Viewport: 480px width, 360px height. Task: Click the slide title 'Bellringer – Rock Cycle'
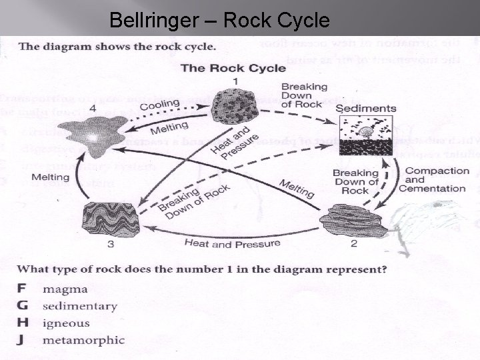point(219,21)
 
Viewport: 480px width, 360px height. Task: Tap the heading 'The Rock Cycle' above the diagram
point(233,68)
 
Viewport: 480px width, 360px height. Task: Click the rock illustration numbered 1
point(235,107)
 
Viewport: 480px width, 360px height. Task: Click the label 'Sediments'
point(365,108)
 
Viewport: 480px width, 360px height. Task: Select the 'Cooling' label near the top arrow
point(159,105)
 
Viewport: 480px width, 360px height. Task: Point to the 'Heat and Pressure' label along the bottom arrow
point(231,244)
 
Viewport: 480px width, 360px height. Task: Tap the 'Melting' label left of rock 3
point(50,177)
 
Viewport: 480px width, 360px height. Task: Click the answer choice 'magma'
point(65,289)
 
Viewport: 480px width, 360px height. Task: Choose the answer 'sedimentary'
point(79,306)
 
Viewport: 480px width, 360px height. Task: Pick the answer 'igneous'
point(66,323)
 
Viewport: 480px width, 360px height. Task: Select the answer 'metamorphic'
point(83,340)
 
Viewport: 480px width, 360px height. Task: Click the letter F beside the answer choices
point(21,289)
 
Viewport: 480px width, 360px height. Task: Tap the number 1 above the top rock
point(235,81)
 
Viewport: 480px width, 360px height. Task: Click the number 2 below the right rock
point(353,243)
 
